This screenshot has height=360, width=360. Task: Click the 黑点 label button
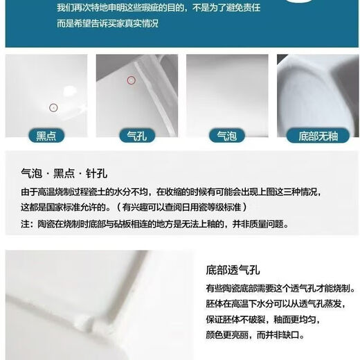point(46,136)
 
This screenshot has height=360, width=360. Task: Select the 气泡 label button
point(226,136)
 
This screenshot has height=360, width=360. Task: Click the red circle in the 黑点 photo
point(53,107)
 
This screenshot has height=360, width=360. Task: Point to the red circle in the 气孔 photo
point(131,80)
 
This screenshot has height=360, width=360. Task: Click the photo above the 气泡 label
point(227,91)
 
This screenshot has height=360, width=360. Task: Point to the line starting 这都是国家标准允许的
point(134,207)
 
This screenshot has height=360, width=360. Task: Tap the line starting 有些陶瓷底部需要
point(280,287)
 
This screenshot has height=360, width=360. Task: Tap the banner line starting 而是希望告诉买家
point(107,24)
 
